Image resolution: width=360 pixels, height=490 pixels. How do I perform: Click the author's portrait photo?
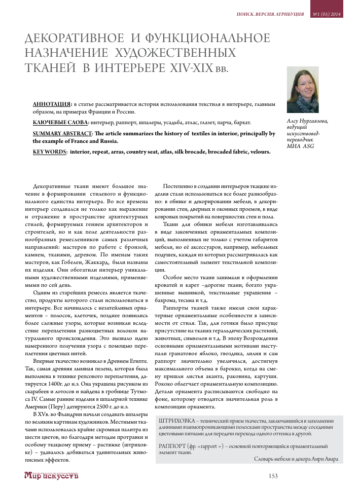303,90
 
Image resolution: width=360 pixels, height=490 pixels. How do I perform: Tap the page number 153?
274,476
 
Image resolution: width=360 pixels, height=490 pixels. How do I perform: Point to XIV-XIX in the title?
190,68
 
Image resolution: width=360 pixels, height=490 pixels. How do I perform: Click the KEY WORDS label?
49,152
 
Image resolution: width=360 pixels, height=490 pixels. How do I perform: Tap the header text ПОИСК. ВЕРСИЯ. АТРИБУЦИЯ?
270,14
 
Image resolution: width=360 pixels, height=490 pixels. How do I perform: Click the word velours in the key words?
258,152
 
